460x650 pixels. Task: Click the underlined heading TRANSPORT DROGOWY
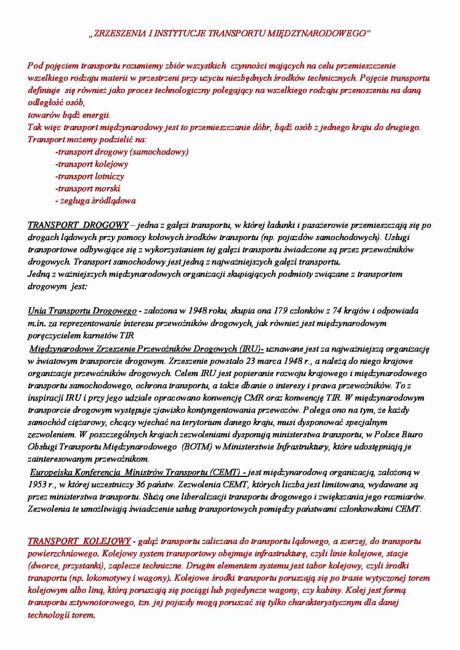(78, 225)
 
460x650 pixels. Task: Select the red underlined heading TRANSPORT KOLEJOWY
(79, 541)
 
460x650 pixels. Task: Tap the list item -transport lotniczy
(89, 176)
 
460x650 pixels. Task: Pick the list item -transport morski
(88, 189)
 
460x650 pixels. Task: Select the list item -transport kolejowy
(92, 164)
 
